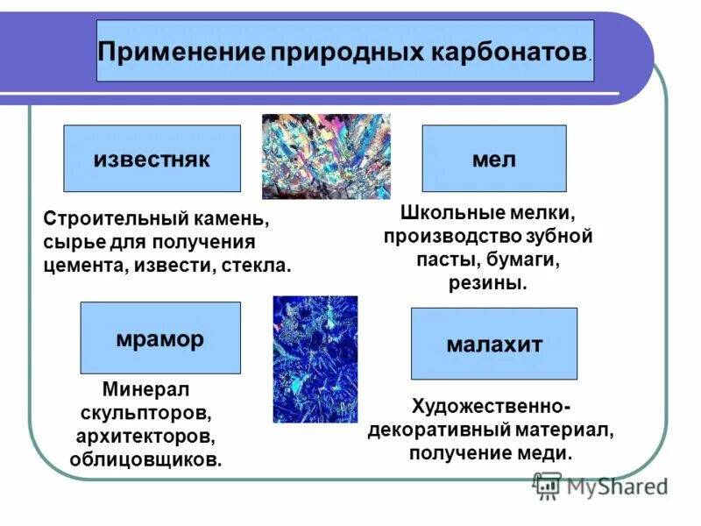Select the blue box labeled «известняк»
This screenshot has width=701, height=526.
click(x=152, y=159)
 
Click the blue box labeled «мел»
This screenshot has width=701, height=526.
click(x=494, y=159)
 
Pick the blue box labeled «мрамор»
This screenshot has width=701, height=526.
click(x=159, y=338)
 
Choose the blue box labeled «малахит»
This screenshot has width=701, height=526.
click(x=494, y=344)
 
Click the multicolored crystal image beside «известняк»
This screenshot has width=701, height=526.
click(x=326, y=156)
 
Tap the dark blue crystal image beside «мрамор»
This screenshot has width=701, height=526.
click(x=315, y=359)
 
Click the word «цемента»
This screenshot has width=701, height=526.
click(x=86, y=265)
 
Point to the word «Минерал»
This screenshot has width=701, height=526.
click(x=145, y=387)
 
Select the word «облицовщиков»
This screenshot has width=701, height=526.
click(x=145, y=458)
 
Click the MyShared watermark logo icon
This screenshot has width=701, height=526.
click(x=547, y=483)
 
